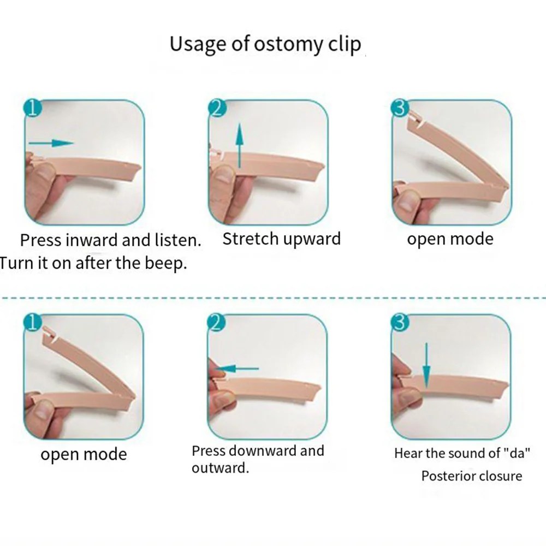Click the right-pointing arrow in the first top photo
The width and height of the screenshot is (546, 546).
(x=51, y=143)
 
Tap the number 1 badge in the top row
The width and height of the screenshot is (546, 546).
(x=33, y=108)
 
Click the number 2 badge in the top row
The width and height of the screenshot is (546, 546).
(x=217, y=108)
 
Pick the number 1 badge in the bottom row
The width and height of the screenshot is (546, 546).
(x=33, y=323)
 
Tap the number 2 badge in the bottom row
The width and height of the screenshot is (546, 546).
(x=217, y=323)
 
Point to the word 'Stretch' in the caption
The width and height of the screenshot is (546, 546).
(x=250, y=239)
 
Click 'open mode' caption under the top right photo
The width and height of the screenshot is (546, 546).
(x=450, y=239)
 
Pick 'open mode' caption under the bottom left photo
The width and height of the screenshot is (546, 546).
(x=84, y=454)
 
